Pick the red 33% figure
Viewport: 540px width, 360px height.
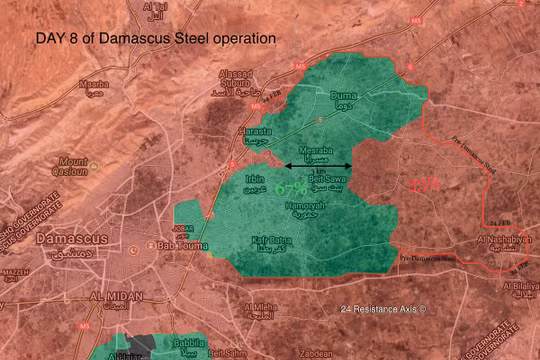423,183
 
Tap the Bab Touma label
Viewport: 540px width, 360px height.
179,243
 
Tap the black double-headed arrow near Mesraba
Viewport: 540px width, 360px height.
318,166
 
